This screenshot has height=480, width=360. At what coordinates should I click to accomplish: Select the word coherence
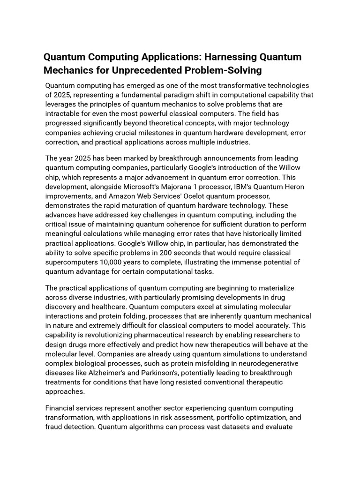click(x=186, y=224)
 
